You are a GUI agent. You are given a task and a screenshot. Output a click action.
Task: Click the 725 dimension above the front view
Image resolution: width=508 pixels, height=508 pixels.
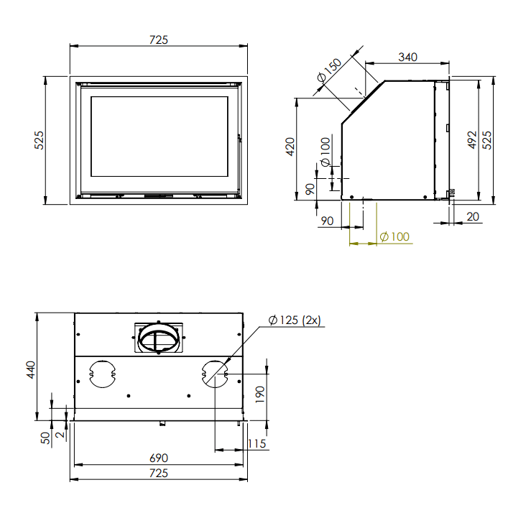159,40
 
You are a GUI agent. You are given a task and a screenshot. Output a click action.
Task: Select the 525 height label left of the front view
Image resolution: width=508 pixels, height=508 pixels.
40,139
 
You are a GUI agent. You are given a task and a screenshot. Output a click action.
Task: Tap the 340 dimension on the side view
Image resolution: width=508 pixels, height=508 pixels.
407,57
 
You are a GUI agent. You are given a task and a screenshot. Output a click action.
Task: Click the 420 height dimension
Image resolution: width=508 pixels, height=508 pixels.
290,147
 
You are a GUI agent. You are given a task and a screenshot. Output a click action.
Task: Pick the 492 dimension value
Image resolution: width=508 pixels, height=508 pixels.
471,139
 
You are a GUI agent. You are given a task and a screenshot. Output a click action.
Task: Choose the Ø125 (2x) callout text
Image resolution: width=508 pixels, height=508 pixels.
297,320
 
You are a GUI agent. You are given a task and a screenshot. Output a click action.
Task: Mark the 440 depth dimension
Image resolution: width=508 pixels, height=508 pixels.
30,369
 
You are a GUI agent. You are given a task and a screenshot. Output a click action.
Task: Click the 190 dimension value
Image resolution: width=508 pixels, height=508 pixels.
260,393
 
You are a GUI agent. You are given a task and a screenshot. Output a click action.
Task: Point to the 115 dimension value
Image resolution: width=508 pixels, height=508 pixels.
257,444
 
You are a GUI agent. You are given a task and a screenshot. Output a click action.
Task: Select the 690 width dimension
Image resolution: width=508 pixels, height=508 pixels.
158,458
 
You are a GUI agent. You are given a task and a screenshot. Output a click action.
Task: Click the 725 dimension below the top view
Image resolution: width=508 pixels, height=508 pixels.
158,473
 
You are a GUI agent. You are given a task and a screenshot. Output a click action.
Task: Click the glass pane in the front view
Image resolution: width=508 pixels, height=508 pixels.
159,138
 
